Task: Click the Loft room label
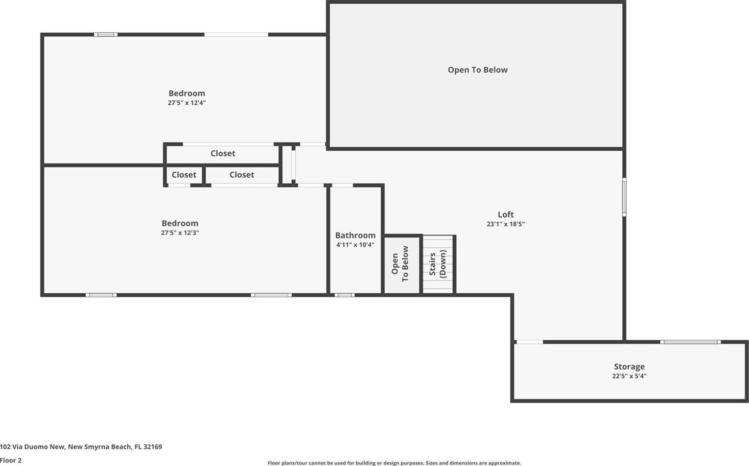(x=506, y=214)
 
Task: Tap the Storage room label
(x=629, y=366)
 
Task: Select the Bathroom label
(x=356, y=235)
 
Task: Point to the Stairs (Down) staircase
(x=438, y=264)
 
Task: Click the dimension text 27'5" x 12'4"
(x=186, y=103)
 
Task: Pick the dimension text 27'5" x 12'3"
(x=180, y=232)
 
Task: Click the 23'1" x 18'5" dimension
(x=506, y=224)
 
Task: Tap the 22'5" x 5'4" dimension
(x=629, y=376)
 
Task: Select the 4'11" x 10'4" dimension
(x=356, y=245)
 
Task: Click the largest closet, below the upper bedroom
(x=223, y=153)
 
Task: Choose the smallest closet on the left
(x=184, y=175)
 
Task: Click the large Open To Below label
(x=478, y=70)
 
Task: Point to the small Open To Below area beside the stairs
(x=402, y=265)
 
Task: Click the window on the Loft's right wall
(x=624, y=197)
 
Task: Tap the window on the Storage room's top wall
(x=690, y=342)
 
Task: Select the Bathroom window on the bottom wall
(x=344, y=295)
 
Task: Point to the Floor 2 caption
(x=11, y=460)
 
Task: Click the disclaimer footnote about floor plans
(x=394, y=463)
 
